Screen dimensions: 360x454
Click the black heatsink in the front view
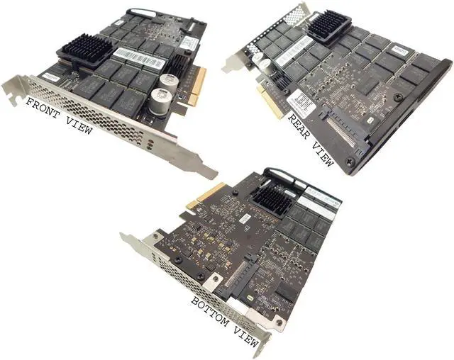(x=84, y=52)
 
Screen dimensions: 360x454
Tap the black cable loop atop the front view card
(x=141, y=14)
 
